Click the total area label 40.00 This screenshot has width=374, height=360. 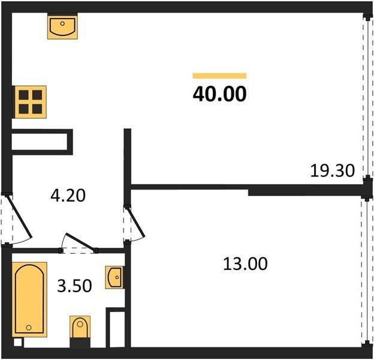click(219, 94)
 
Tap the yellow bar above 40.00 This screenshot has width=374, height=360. click(219, 76)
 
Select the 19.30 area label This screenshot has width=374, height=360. click(333, 170)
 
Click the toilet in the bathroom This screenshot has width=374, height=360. click(80, 329)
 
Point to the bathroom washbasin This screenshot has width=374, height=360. click(114, 277)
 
